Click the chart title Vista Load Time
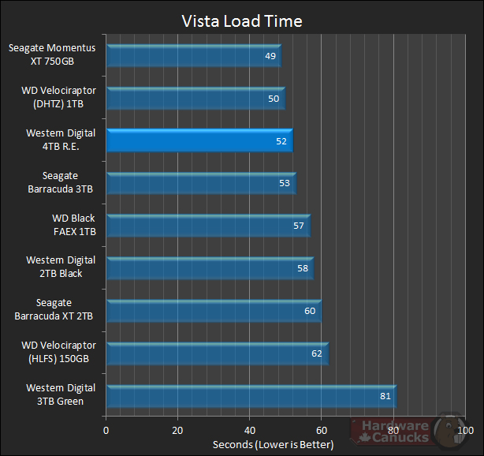[241, 21]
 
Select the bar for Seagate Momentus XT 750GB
[193, 56]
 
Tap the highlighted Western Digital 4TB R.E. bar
[199, 140]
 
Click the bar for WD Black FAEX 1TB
[207, 226]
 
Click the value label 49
[270, 56]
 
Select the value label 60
[310, 311]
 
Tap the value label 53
[285, 184]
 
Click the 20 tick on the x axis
[178, 431]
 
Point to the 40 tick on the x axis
[250, 431]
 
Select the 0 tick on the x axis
[106, 431]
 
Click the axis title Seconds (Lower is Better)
[273, 445]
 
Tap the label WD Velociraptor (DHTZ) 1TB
[58, 98]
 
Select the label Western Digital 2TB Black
[61, 267]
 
